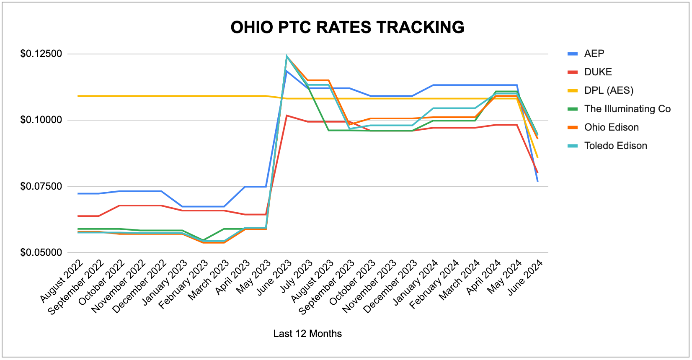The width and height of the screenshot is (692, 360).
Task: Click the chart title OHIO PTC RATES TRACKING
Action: [x=347, y=27]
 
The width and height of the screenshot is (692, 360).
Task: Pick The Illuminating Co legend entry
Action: [x=619, y=109]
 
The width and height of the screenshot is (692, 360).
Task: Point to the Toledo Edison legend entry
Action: [x=607, y=146]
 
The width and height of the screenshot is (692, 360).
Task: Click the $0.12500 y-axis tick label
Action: [x=41, y=54]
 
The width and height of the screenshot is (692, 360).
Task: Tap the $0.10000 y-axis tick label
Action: [x=41, y=120]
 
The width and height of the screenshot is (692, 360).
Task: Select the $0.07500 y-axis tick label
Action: [x=41, y=186]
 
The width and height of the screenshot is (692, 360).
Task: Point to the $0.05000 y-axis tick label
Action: [x=41, y=252]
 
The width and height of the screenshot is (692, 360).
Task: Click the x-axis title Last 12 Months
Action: [x=307, y=334]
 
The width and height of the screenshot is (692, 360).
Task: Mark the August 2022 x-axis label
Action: [x=62, y=280]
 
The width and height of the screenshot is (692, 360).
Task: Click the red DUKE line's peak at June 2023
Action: [x=287, y=116]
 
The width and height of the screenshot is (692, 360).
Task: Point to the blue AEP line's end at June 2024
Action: [x=538, y=181]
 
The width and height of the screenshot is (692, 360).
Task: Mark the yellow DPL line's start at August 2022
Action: [x=78, y=96]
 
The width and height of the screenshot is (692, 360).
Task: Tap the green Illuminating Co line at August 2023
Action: [x=328, y=130]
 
